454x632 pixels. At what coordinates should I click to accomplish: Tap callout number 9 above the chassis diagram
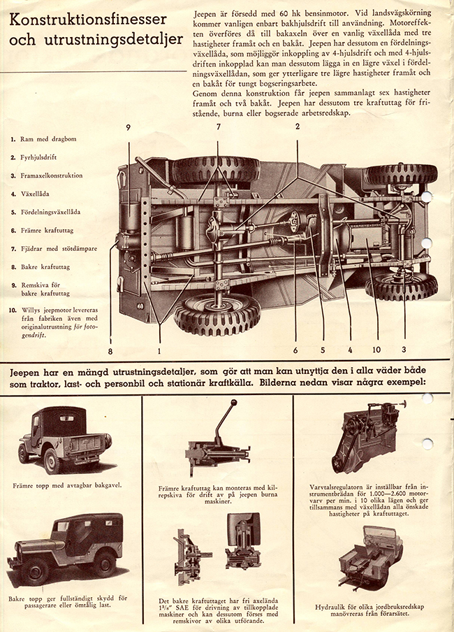129,127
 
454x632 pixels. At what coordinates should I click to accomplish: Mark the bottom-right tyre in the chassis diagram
401,286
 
